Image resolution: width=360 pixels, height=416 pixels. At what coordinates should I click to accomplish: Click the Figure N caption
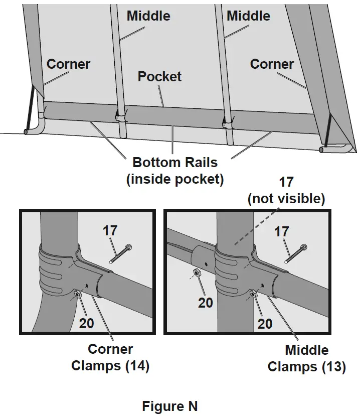(x=170, y=405)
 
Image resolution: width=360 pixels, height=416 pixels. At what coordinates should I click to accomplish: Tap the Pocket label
(x=159, y=77)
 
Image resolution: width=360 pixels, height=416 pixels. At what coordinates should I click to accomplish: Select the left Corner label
(x=69, y=64)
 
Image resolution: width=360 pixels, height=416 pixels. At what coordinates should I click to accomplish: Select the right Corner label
(x=272, y=64)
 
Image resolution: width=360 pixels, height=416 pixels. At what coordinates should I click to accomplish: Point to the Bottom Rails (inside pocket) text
(x=175, y=171)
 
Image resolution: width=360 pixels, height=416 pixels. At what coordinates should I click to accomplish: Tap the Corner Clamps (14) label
(x=110, y=357)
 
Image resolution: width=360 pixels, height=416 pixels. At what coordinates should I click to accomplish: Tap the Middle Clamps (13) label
(x=306, y=359)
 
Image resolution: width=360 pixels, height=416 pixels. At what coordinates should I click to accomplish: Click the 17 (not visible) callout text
(x=286, y=190)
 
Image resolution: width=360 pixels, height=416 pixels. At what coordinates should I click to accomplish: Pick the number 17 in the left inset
(x=110, y=230)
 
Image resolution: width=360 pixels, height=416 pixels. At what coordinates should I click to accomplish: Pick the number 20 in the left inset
(x=87, y=323)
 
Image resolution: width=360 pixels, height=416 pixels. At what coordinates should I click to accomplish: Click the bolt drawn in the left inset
(x=120, y=254)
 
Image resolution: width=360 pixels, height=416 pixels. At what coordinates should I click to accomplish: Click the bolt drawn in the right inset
(x=296, y=254)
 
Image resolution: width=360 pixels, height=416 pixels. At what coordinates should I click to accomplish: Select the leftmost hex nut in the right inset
(x=197, y=273)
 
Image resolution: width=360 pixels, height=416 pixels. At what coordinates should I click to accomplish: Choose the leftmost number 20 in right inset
(x=206, y=303)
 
